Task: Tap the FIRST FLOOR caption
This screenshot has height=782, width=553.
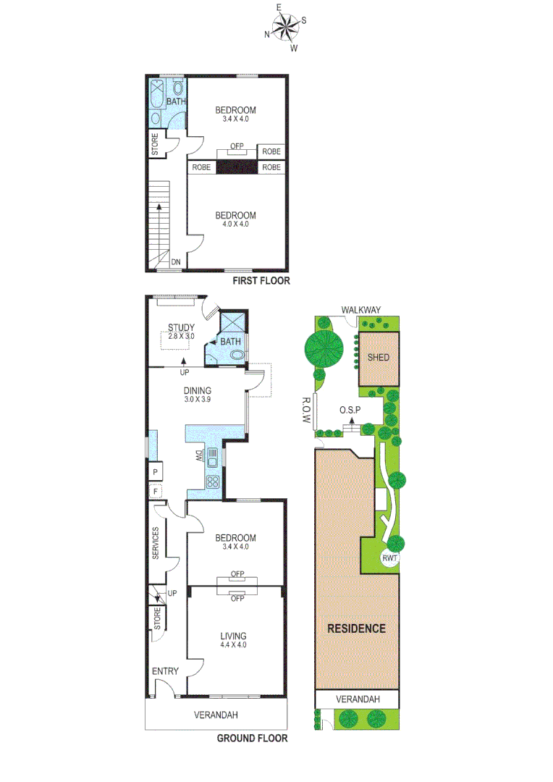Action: click(x=261, y=281)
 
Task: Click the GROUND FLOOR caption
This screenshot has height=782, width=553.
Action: click(x=253, y=739)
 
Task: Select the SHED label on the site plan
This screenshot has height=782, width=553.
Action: click(x=379, y=358)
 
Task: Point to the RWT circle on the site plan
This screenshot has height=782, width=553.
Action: click(x=392, y=559)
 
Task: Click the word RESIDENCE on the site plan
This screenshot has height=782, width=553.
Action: click(x=357, y=628)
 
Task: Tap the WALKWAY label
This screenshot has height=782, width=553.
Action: click(x=361, y=311)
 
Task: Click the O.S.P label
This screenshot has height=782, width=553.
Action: click(x=350, y=410)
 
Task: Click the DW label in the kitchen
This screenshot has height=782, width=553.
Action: click(x=198, y=456)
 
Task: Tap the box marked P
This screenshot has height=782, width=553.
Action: click(x=156, y=472)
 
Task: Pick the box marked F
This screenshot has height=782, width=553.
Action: click(x=156, y=492)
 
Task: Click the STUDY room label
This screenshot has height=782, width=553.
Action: click(x=182, y=328)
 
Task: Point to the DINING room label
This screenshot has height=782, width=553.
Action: click(x=197, y=391)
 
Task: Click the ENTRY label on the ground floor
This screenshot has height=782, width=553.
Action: click(x=165, y=671)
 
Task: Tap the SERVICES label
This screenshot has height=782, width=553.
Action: click(x=156, y=542)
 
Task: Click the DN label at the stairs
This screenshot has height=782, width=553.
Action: click(x=176, y=263)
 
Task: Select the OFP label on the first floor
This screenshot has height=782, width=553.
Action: click(x=237, y=146)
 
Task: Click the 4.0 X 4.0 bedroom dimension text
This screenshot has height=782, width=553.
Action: click(x=235, y=224)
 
